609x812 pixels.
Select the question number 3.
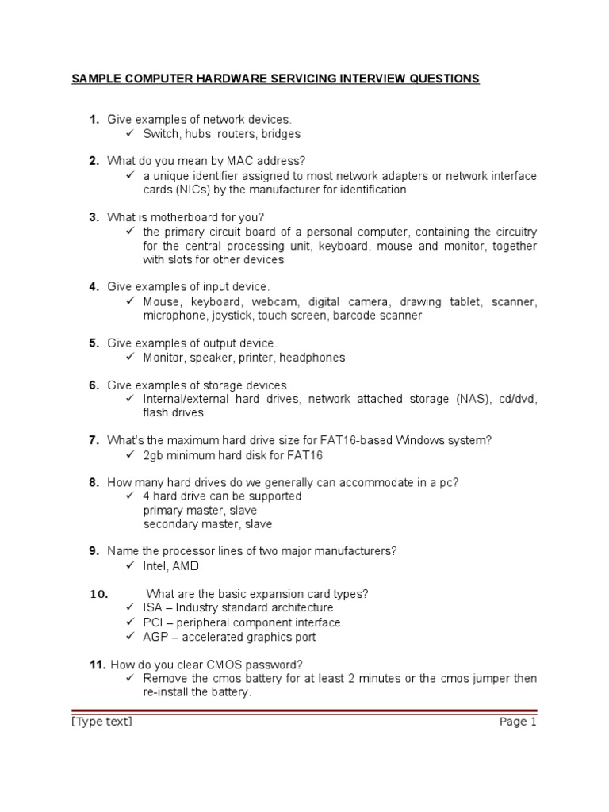pyautogui.click(x=94, y=217)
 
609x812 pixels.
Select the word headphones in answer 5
pyautogui.click(x=316, y=358)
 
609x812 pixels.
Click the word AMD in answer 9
pyautogui.click(x=187, y=566)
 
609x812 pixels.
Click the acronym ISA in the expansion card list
pyautogui.click(x=152, y=608)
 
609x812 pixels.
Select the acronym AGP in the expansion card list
pyautogui.click(x=154, y=637)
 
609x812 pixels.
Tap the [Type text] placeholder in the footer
pyautogui.click(x=101, y=721)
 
